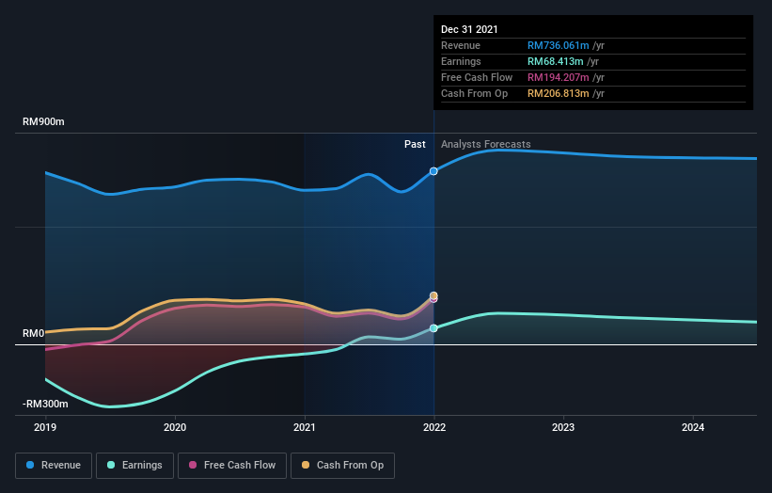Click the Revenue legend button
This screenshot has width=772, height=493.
[55, 465]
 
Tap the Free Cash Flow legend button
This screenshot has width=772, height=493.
[231, 465]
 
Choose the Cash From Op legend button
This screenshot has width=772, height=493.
[342, 465]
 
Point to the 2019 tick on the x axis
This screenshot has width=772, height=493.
[45, 426]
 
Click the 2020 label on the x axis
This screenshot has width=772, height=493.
[175, 426]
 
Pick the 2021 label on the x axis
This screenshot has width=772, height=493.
[305, 426]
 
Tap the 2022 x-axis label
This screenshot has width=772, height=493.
[434, 426]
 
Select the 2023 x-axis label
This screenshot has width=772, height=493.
[564, 426]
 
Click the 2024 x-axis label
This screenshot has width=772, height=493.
[693, 426]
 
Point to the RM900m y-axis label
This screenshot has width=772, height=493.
[44, 122]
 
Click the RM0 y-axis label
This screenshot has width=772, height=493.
[34, 334]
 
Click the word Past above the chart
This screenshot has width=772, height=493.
[415, 144]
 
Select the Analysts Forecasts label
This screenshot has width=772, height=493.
[485, 144]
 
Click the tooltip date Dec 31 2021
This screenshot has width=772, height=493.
[468, 29]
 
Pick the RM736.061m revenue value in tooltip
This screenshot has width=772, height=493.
[558, 45]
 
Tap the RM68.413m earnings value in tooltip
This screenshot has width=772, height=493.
[555, 61]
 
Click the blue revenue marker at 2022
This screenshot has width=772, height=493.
[433, 171]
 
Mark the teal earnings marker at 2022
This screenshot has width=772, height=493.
[433, 328]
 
